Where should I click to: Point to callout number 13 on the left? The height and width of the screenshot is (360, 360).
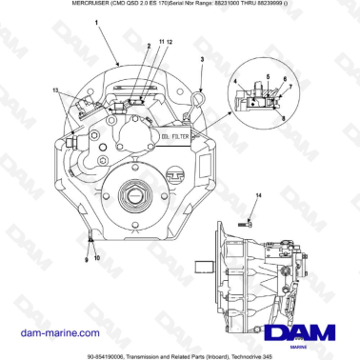click(x=56, y=90)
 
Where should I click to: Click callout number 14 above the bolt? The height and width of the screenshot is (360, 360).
click(x=256, y=194)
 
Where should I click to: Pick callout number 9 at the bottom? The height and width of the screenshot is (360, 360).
click(x=87, y=258)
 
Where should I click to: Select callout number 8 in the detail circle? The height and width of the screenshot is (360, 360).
click(x=282, y=115)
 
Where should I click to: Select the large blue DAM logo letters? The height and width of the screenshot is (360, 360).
click(x=299, y=332)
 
